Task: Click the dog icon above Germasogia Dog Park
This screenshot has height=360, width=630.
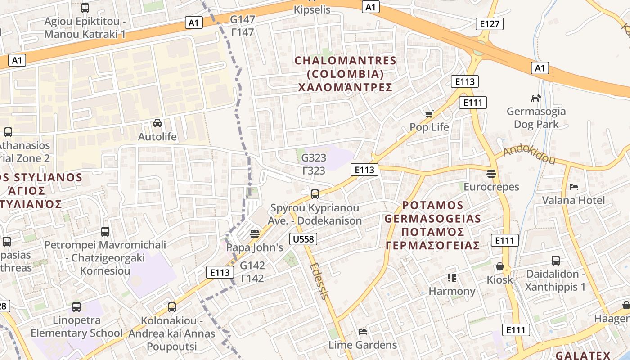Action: (535, 98)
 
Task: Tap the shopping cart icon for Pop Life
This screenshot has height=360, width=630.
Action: (429, 114)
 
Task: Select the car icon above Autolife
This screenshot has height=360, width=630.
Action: (157, 123)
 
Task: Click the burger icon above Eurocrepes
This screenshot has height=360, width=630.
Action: (491, 174)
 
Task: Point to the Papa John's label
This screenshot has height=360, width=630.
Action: (254, 247)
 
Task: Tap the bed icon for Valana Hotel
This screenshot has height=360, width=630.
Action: (573, 187)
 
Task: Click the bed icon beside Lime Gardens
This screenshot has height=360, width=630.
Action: (362, 332)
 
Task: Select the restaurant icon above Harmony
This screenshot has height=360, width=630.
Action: (452, 278)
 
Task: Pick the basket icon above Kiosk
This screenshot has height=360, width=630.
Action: (499, 266)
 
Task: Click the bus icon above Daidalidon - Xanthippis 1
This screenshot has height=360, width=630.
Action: (556, 261)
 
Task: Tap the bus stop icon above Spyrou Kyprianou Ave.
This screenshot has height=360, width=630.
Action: (315, 194)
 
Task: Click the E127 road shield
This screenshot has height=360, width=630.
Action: (489, 24)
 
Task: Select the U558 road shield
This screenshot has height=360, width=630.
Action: (303, 239)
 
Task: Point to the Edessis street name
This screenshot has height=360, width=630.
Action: (319, 281)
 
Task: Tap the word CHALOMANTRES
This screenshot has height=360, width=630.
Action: (345, 60)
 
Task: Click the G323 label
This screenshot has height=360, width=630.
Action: (313, 158)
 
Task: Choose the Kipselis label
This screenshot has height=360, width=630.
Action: (312, 9)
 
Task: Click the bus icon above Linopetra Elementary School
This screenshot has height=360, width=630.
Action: (76, 307)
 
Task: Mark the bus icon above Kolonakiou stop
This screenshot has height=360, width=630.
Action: (171, 307)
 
